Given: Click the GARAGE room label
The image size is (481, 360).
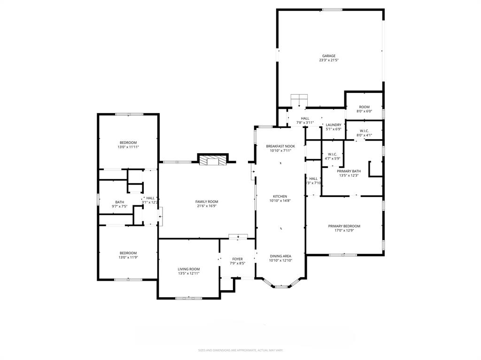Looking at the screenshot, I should pyautogui.click(x=328, y=56).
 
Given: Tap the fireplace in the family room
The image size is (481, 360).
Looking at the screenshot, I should pyautogui.click(x=213, y=161).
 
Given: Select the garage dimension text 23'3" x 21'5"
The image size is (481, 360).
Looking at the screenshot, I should pyautogui.click(x=328, y=60).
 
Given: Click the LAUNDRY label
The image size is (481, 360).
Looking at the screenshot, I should pyautogui.click(x=334, y=125).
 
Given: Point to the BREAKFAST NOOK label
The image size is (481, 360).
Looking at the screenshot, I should pyautogui.click(x=280, y=146).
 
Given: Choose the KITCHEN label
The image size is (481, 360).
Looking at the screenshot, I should pyautogui.click(x=280, y=196).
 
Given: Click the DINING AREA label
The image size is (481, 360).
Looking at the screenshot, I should pyautogui.click(x=280, y=256).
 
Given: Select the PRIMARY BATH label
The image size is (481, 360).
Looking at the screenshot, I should pyautogui.click(x=349, y=171).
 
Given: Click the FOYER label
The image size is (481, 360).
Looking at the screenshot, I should pyautogui.click(x=237, y=259).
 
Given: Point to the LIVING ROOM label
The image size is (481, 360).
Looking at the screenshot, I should pyautogui.click(x=188, y=269).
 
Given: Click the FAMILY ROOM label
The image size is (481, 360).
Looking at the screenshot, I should pyautogui.click(x=207, y=202).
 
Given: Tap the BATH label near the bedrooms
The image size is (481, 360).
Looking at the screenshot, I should pyautogui.click(x=119, y=202).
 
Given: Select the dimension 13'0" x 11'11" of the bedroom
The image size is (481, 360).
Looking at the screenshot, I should pyautogui.click(x=128, y=147).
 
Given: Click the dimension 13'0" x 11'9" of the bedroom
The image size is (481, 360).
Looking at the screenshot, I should pyautogui.click(x=128, y=257).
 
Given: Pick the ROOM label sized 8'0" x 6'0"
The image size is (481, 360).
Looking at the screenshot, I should pyautogui.click(x=364, y=107).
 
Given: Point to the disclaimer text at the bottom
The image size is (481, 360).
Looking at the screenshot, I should pyautogui.click(x=240, y=350).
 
